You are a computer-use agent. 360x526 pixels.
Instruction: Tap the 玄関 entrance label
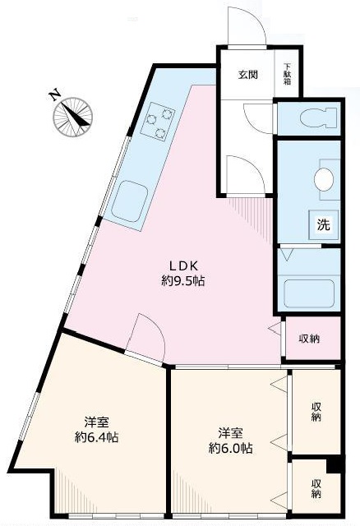point(248,75)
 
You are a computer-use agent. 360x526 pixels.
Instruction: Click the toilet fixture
point(316,118)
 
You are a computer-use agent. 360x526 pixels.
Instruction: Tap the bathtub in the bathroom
point(308,293)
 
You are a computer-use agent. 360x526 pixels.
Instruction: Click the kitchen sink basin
point(129,201)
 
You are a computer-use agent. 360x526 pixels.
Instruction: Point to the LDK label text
point(182,265)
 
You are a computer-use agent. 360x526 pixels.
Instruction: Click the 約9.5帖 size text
point(182,281)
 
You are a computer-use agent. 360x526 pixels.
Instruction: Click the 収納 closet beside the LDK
point(309,338)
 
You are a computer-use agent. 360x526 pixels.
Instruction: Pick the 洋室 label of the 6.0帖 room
point(230,432)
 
